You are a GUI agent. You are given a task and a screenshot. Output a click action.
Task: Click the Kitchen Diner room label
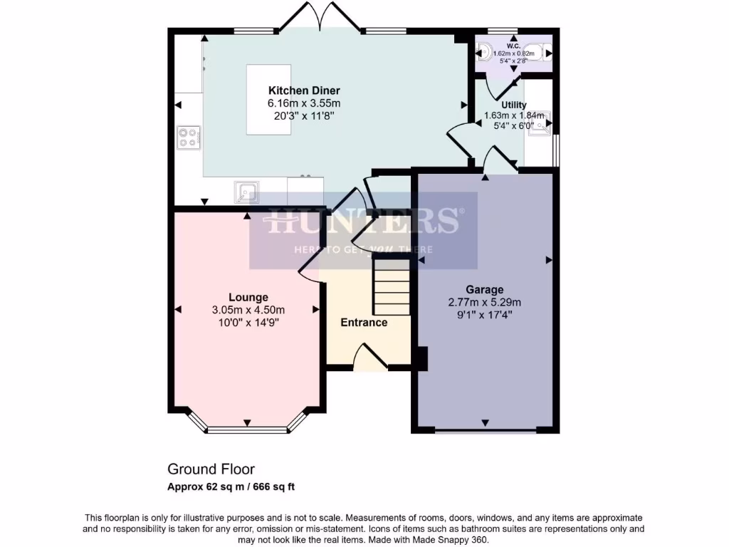[x=303, y=90]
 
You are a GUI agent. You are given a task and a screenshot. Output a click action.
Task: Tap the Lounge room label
[x=248, y=297]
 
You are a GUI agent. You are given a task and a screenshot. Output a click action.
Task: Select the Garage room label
[x=484, y=289]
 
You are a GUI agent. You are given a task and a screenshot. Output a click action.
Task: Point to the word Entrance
[x=364, y=323]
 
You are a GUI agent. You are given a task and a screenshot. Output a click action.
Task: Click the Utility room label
[x=514, y=105]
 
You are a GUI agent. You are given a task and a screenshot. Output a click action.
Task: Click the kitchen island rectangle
[x=268, y=99]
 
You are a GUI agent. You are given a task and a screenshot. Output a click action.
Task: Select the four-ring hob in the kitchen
[x=188, y=137]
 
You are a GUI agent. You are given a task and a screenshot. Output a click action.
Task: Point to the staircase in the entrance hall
[x=392, y=287]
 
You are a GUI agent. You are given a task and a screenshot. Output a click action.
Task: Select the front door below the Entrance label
[x=370, y=356]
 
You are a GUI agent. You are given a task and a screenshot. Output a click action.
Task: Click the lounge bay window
[x=248, y=429]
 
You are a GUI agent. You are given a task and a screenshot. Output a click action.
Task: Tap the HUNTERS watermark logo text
[x=363, y=221]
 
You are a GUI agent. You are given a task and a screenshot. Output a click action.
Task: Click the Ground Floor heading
[x=211, y=469]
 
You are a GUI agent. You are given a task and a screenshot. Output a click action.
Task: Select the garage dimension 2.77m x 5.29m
[x=484, y=302]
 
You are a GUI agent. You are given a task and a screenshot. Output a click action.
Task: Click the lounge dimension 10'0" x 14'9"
[x=248, y=322]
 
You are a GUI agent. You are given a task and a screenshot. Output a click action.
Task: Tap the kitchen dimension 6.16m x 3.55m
[x=303, y=103]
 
